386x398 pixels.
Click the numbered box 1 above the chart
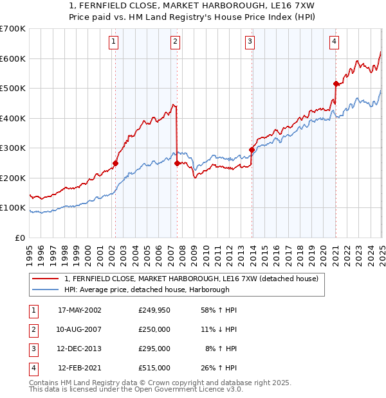[113, 42]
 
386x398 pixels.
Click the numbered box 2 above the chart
[175, 42]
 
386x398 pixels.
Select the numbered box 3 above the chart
[250, 42]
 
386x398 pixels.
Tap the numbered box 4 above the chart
[335, 42]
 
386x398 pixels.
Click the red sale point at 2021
[336, 83]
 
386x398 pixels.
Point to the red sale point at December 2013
[252, 150]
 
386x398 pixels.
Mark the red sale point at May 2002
[116, 163]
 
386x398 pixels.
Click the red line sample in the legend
[46, 279]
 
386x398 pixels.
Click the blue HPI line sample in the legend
[46, 290]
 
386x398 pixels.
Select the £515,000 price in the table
[154, 368]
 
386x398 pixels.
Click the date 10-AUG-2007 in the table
[80, 329]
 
